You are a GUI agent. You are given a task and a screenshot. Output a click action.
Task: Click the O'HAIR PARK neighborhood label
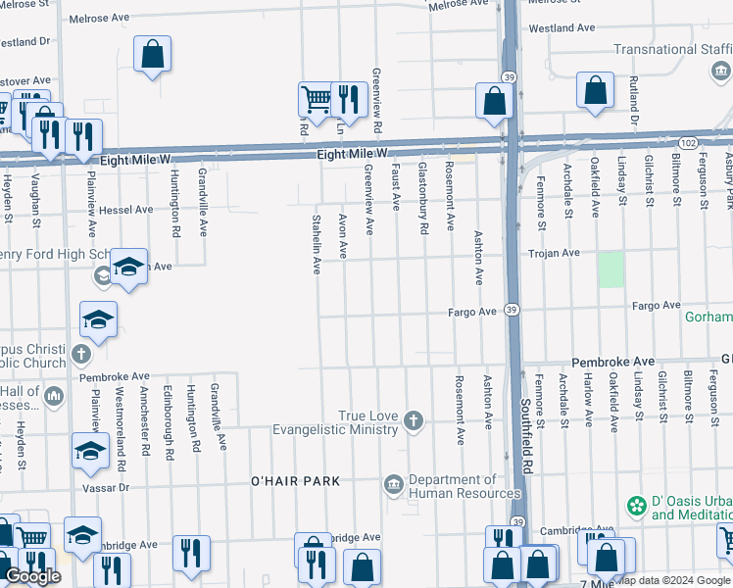pyautogui.click(x=295, y=480)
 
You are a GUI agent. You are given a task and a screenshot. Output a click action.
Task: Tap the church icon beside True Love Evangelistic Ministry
pyautogui.click(x=415, y=421)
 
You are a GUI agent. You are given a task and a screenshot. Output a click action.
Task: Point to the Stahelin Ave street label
pyautogui.click(x=317, y=243)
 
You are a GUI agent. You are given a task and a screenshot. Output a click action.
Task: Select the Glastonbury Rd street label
pyautogui.click(x=423, y=198)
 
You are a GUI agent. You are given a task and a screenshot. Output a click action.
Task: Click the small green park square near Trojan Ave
pyautogui.click(x=611, y=269)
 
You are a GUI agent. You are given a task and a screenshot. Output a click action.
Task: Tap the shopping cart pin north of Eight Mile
pyautogui.click(x=315, y=99)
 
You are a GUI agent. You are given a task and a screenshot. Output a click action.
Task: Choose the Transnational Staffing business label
pyautogui.click(x=673, y=50)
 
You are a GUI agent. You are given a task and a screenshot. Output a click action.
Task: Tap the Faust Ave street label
pyautogui.click(x=397, y=186)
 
